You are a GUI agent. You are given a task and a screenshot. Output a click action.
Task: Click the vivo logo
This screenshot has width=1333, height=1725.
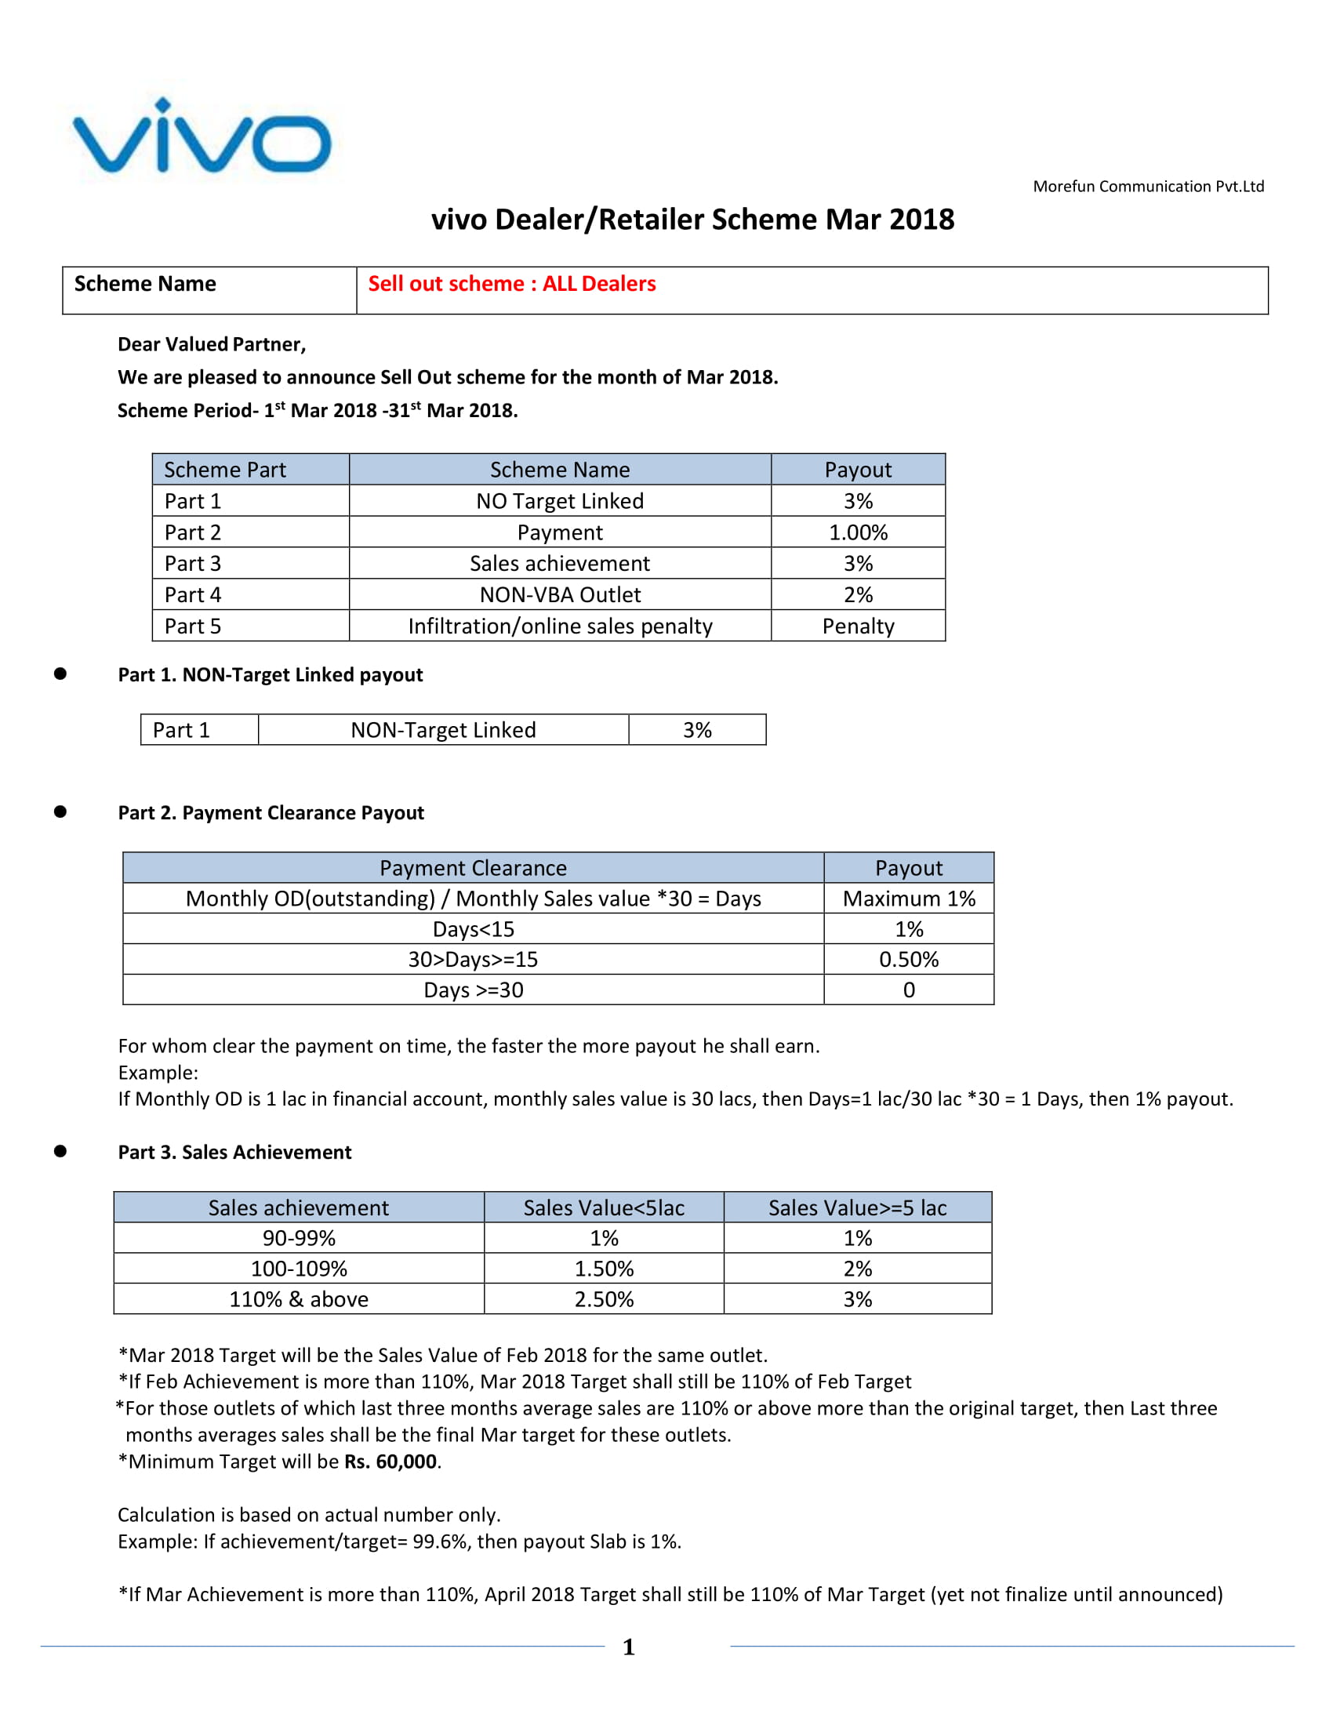coord(202,136)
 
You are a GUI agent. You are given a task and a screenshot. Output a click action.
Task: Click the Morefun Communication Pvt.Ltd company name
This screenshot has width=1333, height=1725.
coord(1147,187)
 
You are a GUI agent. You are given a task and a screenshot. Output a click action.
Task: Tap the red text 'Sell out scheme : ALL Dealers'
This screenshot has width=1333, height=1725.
coord(512,284)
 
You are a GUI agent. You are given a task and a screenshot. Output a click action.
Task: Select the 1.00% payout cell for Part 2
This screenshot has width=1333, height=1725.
coord(858,532)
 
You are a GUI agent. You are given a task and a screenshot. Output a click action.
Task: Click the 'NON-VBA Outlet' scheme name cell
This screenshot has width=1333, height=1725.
coord(560,595)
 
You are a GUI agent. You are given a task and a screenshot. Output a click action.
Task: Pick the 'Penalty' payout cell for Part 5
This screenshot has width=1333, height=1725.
coord(858,626)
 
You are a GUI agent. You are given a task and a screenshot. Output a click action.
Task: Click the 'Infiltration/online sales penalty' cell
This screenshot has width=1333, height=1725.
coord(560,626)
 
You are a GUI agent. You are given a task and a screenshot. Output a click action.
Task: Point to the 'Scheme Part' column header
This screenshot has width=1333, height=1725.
coord(225,470)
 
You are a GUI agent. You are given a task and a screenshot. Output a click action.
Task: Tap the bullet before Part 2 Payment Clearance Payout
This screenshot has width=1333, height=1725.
coord(60,812)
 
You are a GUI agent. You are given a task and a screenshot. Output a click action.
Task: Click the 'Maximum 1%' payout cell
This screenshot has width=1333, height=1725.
coord(908,899)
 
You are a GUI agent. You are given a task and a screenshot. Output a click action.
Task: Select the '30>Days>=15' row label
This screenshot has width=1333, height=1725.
coord(473,960)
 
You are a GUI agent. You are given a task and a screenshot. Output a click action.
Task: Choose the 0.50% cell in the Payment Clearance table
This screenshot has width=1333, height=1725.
coord(908,960)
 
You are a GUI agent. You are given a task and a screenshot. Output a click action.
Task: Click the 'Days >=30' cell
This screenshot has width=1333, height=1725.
coord(473,990)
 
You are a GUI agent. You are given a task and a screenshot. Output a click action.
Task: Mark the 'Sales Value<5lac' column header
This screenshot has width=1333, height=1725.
coord(603,1207)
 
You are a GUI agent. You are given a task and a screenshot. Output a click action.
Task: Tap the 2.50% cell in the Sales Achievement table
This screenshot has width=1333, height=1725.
coord(603,1299)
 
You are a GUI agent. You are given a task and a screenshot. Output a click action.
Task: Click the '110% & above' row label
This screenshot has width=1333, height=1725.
coord(299,1299)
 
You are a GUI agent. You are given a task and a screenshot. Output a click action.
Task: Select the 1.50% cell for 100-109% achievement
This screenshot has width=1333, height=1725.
coord(603,1269)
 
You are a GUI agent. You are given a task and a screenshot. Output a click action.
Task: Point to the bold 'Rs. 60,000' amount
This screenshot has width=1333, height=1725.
coord(390,1462)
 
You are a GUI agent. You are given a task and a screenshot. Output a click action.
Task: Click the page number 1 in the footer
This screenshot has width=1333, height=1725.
coord(629,1647)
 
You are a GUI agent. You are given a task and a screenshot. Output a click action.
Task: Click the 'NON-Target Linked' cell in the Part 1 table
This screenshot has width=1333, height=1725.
coord(443,730)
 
